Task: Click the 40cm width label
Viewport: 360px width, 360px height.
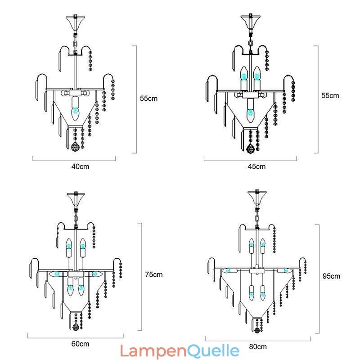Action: click(80, 166)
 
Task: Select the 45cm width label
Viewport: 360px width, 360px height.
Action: click(257, 166)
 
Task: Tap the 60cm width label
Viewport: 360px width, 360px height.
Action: click(80, 344)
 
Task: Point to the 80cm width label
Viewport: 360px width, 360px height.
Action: click(257, 346)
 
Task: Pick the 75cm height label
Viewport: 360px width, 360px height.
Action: click(154, 274)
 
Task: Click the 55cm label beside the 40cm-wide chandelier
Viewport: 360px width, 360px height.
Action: click(148, 98)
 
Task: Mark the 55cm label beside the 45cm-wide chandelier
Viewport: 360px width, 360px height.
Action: click(330, 95)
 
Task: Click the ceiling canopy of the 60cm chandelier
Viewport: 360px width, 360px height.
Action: click(76, 198)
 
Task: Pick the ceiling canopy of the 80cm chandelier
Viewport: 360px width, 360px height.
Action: click(257, 198)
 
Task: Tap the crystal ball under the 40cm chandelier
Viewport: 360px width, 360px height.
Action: click(75, 147)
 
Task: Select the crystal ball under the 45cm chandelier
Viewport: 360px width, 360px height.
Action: click(250, 147)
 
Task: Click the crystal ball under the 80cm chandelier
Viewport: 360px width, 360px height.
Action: click(257, 330)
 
